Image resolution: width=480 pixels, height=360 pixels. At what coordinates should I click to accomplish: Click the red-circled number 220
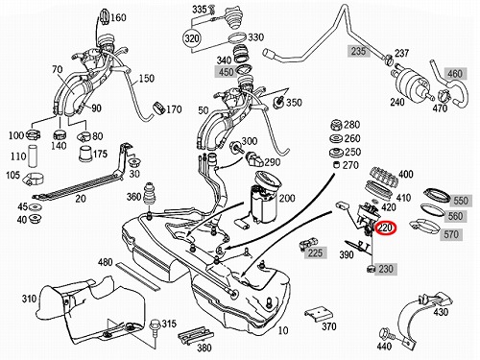click(x=386, y=228)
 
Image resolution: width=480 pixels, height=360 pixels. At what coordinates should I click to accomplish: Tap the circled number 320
click(x=192, y=38)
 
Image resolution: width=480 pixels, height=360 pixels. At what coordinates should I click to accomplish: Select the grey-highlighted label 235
click(x=358, y=51)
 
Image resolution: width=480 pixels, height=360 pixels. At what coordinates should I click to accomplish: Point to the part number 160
click(x=118, y=17)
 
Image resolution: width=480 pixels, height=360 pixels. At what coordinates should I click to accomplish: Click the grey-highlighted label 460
click(x=455, y=74)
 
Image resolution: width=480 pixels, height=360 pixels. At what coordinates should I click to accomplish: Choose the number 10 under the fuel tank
click(x=283, y=330)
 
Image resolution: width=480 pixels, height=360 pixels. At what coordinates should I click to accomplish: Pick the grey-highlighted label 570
click(x=451, y=234)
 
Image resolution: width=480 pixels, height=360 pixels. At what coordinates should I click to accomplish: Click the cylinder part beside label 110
click(x=33, y=156)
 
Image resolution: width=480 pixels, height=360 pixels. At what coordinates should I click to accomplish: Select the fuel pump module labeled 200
click(x=264, y=200)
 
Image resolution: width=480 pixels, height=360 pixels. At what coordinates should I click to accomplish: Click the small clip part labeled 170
click(x=157, y=108)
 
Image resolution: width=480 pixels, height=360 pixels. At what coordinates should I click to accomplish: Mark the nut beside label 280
click(x=336, y=125)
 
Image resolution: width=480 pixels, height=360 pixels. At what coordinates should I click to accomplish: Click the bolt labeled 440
click(x=385, y=334)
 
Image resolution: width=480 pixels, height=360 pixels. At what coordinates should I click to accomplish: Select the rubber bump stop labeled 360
click(x=148, y=194)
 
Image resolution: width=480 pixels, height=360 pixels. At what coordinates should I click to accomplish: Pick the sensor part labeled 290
click(x=254, y=159)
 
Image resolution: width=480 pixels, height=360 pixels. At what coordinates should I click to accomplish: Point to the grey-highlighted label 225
click(x=315, y=252)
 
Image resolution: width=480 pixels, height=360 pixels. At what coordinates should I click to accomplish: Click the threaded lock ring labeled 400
click(x=383, y=178)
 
